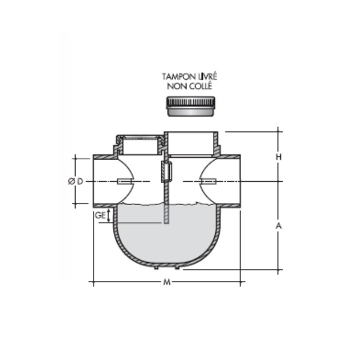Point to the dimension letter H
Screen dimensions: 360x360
coord(278,157)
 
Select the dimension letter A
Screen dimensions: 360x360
coord(278,226)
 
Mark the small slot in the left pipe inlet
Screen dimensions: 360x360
coord(125,181)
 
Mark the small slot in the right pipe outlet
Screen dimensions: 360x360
coord(208,181)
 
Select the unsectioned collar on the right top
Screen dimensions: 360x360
coord(191,142)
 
